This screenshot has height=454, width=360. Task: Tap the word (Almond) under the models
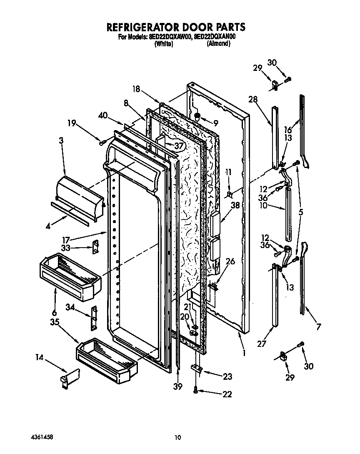218,43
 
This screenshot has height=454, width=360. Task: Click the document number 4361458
42,437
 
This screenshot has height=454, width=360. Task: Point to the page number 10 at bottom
178,437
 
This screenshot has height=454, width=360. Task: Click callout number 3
61,141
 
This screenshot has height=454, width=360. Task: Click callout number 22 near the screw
227,394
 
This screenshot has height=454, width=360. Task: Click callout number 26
230,262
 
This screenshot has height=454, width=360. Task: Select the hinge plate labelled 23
197,368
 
